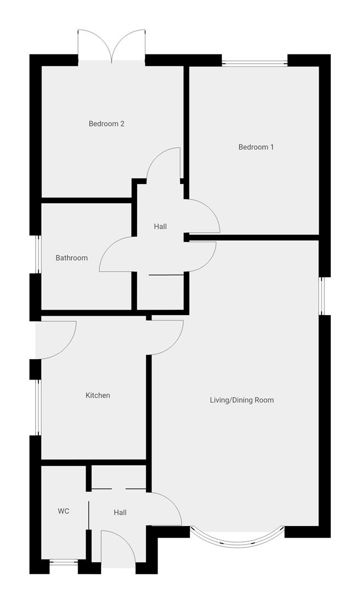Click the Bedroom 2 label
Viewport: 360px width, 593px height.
point(106,124)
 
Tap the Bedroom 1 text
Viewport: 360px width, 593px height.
point(256,147)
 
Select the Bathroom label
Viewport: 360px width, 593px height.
point(71,258)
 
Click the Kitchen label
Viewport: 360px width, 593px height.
point(98,395)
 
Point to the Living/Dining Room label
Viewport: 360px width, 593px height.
point(241,400)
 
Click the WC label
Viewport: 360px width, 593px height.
point(64,511)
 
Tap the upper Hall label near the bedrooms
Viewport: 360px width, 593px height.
point(160,226)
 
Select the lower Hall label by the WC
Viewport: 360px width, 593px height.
point(120,512)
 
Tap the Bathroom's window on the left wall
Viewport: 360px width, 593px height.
point(36,254)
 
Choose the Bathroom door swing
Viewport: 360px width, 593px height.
point(116,254)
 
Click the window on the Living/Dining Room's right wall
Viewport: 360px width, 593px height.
point(324,296)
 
